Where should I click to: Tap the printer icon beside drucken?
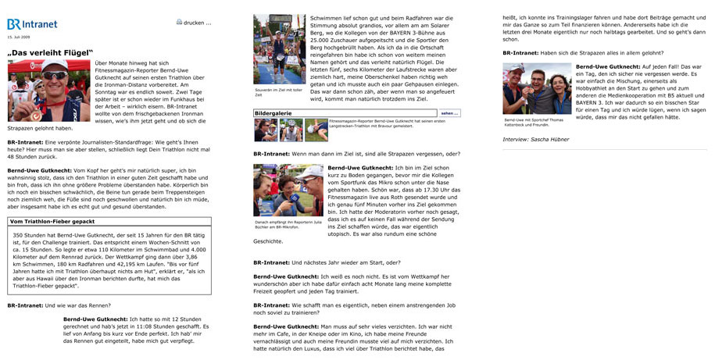click(x=180, y=23)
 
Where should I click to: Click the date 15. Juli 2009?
click(x=21, y=37)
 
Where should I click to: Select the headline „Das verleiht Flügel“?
click(x=48, y=53)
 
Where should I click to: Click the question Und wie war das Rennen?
click(x=59, y=305)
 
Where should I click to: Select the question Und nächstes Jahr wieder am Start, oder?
click(x=327, y=262)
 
